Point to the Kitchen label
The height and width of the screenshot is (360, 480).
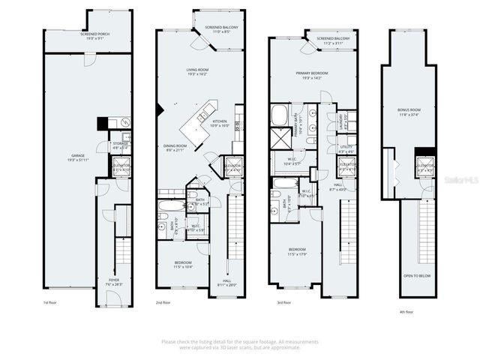coord(220,124)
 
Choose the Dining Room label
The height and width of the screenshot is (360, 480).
coord(174,148)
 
